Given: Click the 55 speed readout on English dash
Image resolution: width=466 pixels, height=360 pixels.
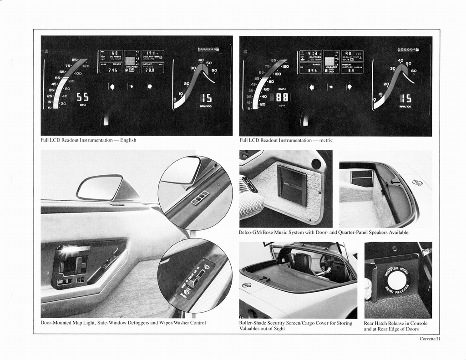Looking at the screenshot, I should (82, 97).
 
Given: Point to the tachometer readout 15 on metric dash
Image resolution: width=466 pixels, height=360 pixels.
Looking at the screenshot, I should (405, 98).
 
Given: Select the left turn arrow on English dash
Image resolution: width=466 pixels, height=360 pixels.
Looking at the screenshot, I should (111, 86).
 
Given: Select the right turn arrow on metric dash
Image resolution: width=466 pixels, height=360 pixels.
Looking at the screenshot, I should (349, 86).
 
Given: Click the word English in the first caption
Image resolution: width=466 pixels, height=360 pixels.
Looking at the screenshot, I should (128, 140).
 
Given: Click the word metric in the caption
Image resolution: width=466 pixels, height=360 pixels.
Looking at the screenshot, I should (326, 140).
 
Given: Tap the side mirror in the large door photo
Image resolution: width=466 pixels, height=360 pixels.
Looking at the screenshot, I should (100, 188).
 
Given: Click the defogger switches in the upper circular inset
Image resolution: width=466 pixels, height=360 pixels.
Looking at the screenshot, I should (200, 198).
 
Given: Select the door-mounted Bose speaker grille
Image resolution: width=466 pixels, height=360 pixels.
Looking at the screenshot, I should (292, 185).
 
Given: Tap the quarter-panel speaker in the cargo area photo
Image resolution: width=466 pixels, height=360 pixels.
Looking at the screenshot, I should (362, 178).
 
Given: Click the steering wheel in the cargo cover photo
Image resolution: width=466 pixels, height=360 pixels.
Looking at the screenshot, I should (327, 263).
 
